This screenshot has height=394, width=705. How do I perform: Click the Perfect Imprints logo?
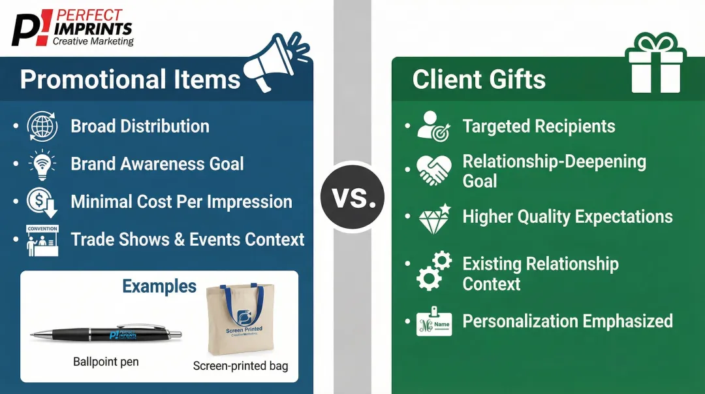coord(72,27)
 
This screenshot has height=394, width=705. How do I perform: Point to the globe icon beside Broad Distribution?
coord(42,126)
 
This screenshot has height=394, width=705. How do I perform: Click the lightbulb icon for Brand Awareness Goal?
coord(42,164)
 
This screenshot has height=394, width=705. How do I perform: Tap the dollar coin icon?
coord(42,202)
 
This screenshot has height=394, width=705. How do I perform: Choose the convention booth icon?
coord(42,240)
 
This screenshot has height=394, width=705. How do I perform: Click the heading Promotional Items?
coord(131,80)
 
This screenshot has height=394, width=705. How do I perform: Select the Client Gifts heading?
coord(478,80)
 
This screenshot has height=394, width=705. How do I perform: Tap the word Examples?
coord(159,287)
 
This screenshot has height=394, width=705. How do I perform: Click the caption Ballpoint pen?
coord(106,361)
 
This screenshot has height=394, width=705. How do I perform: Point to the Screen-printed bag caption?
coord(240,366)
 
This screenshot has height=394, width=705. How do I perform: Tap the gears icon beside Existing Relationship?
coord(434,272)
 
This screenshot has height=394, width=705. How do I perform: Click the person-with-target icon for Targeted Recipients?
coord(434,126)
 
